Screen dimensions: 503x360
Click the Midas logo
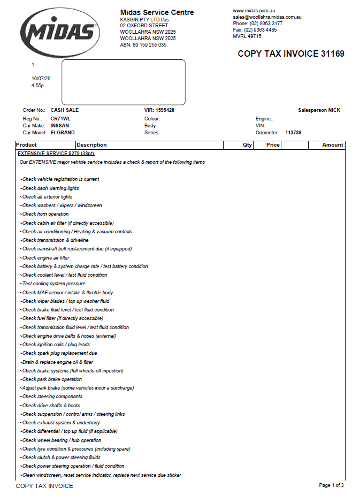point(60,33)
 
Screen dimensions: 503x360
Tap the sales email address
point(267,17)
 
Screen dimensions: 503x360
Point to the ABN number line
point(143,45)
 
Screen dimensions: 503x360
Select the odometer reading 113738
point(294,132)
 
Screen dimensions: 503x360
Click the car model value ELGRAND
point(63,132)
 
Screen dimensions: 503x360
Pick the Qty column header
point(247,145)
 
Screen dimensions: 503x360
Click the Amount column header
point(333,145)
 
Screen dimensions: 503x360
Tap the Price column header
point(273,145)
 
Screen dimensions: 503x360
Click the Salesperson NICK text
point(319,110)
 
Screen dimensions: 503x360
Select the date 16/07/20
point(41,78)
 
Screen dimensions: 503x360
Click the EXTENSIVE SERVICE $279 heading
point(56,153)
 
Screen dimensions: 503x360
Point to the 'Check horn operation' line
point(44,214)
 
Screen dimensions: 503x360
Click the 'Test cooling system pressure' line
point(52,284)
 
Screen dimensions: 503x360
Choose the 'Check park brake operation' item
point(51,379)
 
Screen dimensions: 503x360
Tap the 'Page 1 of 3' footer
point(331,485)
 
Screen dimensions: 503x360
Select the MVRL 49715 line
point(247,36)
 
